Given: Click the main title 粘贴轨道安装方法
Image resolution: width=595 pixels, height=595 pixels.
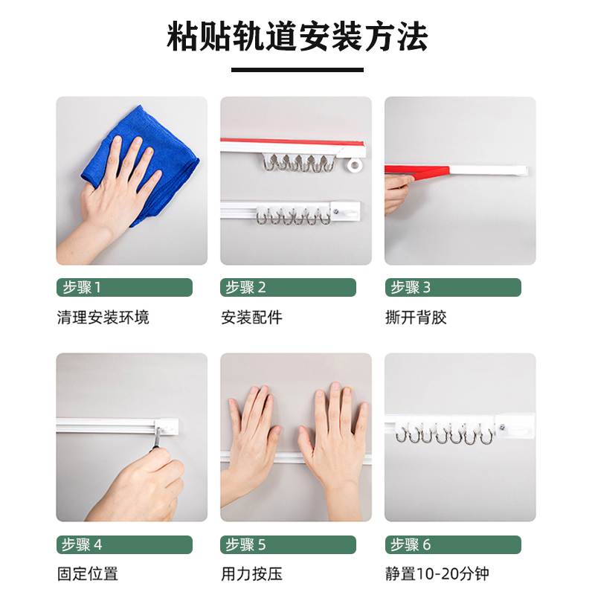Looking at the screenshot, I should point(297,36).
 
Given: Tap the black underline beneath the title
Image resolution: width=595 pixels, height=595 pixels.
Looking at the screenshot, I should point(297,70).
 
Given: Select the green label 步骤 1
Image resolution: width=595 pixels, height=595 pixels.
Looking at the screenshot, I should point(124,288).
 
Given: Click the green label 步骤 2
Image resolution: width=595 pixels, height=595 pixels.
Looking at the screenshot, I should point(289,288).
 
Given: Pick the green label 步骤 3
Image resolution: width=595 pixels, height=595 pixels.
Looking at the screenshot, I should point(453,288).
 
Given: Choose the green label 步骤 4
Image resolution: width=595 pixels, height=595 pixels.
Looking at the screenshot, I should point(124,544).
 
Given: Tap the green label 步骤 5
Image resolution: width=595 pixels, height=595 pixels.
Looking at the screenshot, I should point(289,544).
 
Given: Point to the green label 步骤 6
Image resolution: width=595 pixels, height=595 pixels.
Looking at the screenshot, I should point(453,544).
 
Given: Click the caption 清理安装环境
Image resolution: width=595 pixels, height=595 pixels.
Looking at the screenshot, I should point(103,318).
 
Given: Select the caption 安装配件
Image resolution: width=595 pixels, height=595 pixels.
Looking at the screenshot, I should point(251,318).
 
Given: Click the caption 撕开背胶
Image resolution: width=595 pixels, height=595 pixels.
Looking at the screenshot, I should point(416,318).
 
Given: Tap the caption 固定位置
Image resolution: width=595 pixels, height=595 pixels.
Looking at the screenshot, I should point(87,574).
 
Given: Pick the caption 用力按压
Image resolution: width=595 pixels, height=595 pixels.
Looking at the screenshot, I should point(251,574).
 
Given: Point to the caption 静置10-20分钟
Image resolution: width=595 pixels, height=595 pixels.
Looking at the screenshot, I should point(437,574).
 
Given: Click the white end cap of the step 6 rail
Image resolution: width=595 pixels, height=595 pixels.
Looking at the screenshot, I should point(515,426).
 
